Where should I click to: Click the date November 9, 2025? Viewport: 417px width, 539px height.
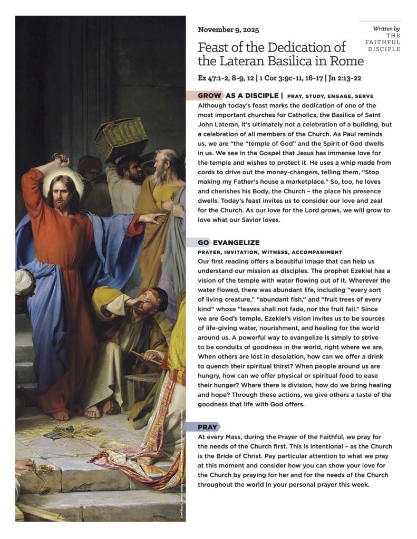228,29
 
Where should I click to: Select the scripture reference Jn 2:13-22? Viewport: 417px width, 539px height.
342,78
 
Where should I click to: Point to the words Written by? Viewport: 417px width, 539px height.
386,28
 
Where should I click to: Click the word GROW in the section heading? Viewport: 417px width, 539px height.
209,96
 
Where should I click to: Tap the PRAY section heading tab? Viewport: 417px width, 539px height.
208,427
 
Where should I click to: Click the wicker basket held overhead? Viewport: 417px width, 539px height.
121,138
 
